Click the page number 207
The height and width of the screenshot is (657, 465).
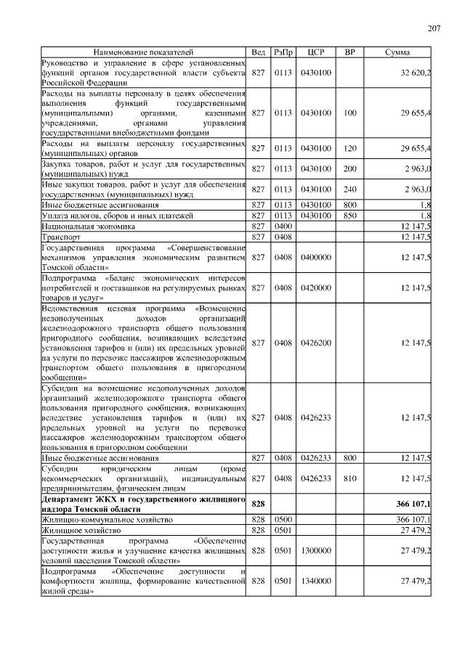[434, 28]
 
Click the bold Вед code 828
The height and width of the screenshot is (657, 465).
[258, 504]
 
